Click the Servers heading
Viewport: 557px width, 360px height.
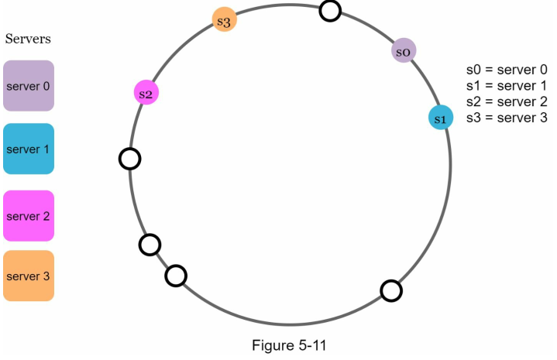point(28,39)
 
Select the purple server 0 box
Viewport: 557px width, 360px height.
point(29,86)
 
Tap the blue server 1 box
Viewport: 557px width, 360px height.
point(29,149)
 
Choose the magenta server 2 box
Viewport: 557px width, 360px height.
point(29,216)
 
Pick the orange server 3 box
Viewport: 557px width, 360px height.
point(29,276)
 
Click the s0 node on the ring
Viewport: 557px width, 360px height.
point(404,51)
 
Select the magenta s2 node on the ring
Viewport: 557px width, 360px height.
point(146,93)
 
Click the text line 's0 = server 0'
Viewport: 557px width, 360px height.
point(507,69)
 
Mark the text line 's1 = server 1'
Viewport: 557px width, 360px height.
point(507,85)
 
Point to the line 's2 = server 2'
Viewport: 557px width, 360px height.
point(507,101)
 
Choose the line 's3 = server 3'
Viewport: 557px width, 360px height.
point(507,118)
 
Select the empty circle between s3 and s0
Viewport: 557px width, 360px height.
point(330,11)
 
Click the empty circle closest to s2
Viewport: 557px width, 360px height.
point(129,159)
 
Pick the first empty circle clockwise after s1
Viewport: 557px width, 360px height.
point(391,290)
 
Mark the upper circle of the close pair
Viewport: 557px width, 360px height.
point(150,245)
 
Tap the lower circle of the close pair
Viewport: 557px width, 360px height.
point(176,275)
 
